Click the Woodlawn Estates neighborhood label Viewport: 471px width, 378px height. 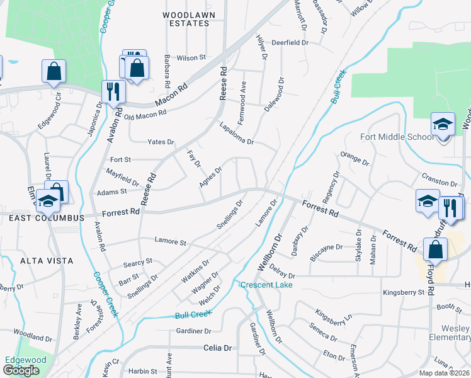tap(185, 18)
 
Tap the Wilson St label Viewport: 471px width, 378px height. tap(191, 57)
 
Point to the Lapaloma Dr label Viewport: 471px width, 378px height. tap(236, 133)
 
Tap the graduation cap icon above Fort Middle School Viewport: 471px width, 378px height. tap(443, 124)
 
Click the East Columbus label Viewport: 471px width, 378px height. tap(46, 217)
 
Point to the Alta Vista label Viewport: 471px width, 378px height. tap(46, 260)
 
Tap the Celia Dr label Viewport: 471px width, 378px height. tap(218, 348)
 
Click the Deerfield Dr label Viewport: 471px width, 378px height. tap(290, 43)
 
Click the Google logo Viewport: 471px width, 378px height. tap(21, 370)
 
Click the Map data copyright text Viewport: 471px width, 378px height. tap(445, 373)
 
